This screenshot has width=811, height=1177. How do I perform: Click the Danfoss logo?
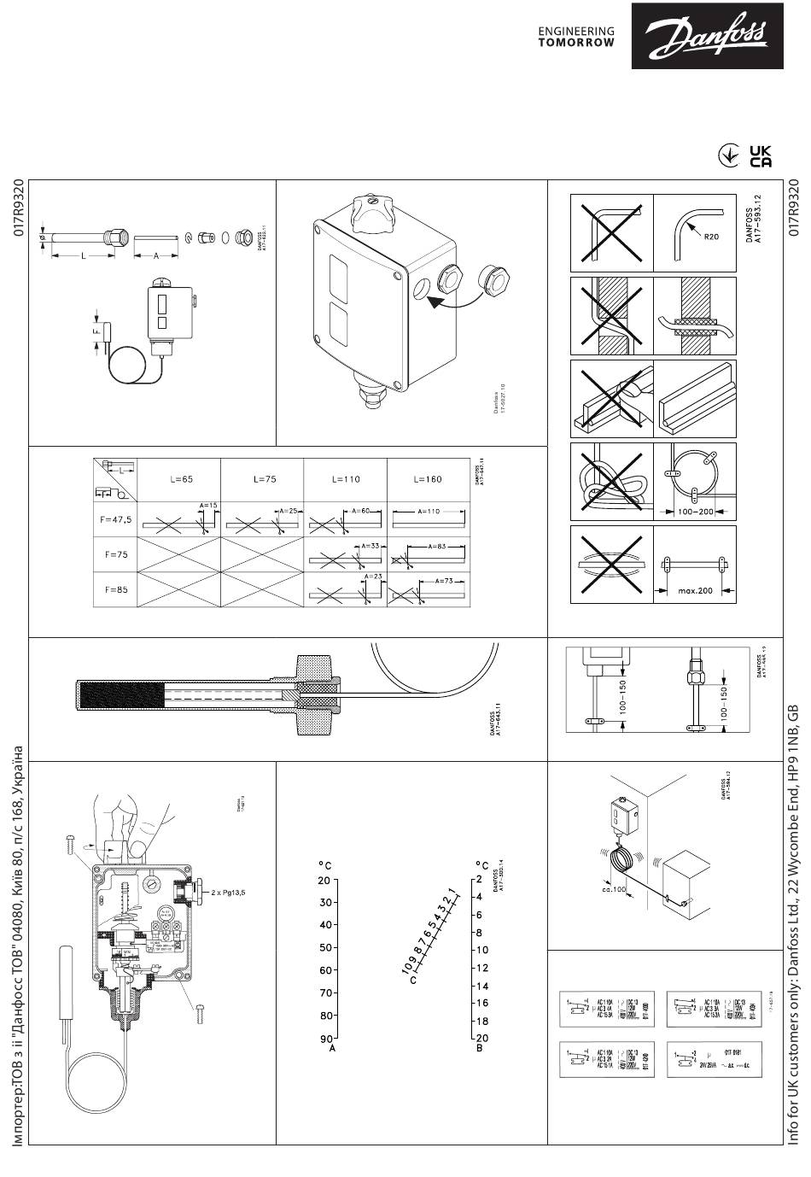coord(719,35)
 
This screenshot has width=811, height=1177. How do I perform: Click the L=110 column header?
coord(346,479)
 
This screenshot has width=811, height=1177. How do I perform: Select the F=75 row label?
coord(116,554)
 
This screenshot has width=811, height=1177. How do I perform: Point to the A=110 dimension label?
coord(429,511)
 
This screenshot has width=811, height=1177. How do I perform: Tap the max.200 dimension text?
coord(696,590)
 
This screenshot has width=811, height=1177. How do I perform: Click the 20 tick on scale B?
coord(481,1038)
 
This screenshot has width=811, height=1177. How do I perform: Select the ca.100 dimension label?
coord(613,889)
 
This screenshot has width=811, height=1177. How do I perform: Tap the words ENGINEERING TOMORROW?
coord(575,36)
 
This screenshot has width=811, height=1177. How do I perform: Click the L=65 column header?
coord(180,479)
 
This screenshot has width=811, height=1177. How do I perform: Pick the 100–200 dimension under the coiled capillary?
coord(695,512)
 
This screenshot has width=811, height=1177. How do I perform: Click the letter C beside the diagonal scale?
coord(413,980)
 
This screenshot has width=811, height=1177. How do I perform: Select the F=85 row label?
coord(116,588)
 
